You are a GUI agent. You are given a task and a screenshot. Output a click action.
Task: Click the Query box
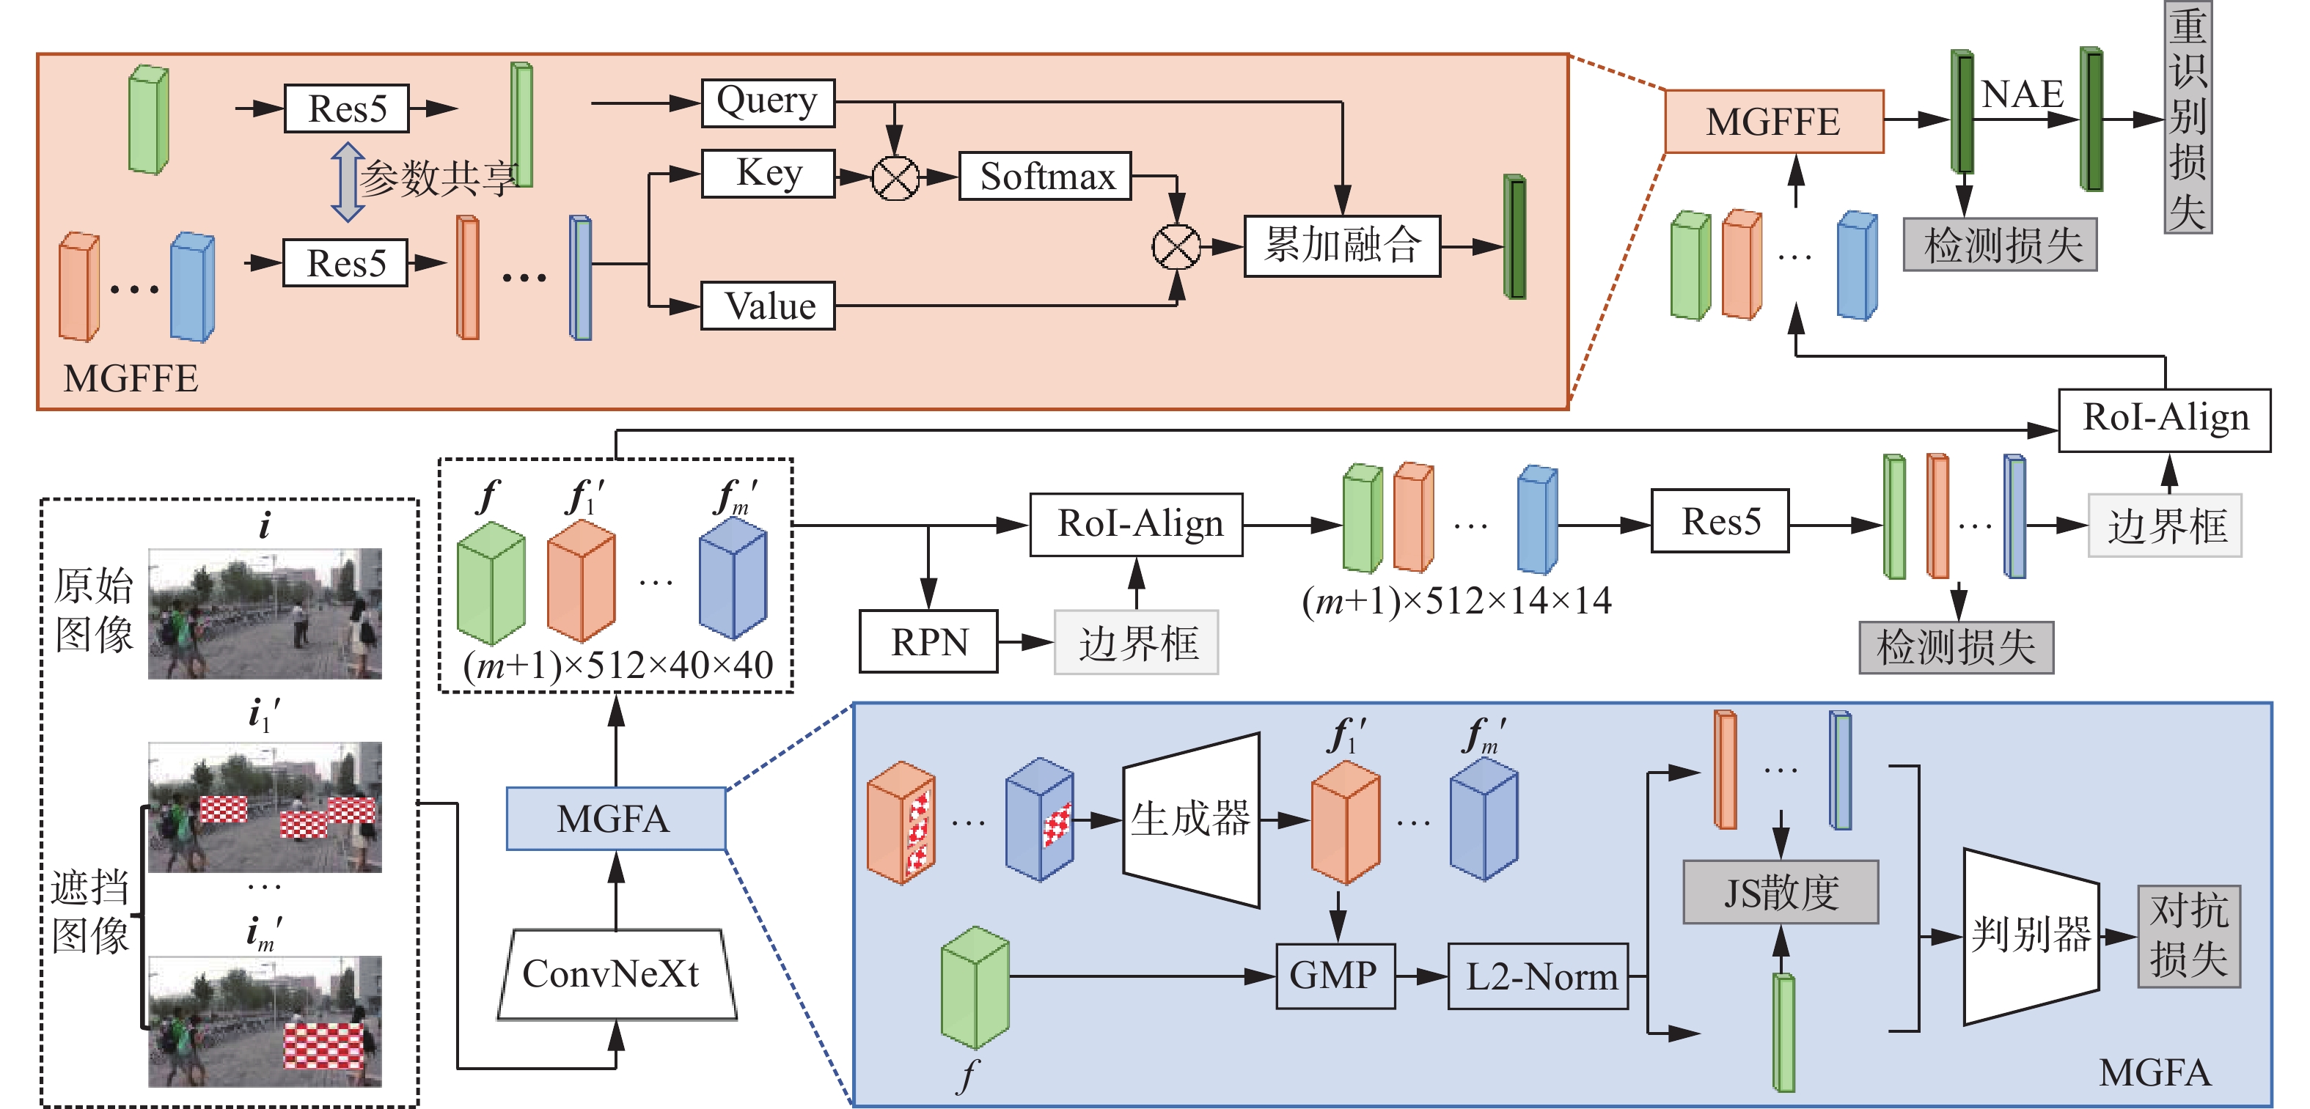point(768,102)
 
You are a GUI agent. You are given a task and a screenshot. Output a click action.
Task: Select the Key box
point(768,173)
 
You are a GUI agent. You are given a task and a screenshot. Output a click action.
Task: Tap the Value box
point(768,306)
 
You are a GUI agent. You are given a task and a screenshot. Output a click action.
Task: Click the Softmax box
point(1045,176)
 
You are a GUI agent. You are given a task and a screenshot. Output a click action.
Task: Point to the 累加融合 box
point(1341,245)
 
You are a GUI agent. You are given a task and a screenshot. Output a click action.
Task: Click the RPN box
point(928,641)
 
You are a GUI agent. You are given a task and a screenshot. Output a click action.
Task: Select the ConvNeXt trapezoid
point(616,973)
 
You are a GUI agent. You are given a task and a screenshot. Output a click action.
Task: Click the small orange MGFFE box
point(1773,121)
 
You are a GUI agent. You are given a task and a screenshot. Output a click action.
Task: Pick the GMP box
point(1335,976)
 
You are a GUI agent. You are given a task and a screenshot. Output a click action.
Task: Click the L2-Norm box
point(1538,976)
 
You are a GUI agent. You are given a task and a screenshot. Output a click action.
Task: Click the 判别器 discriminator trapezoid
point(2030,935)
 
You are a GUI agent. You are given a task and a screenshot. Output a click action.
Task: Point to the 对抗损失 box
point(2188,936)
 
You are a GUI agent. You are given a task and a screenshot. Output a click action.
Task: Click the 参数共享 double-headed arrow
point(348,182)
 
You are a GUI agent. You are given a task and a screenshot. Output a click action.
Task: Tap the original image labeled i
point(265,614)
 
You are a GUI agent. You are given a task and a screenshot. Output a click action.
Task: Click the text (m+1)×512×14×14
point(1456,600)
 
